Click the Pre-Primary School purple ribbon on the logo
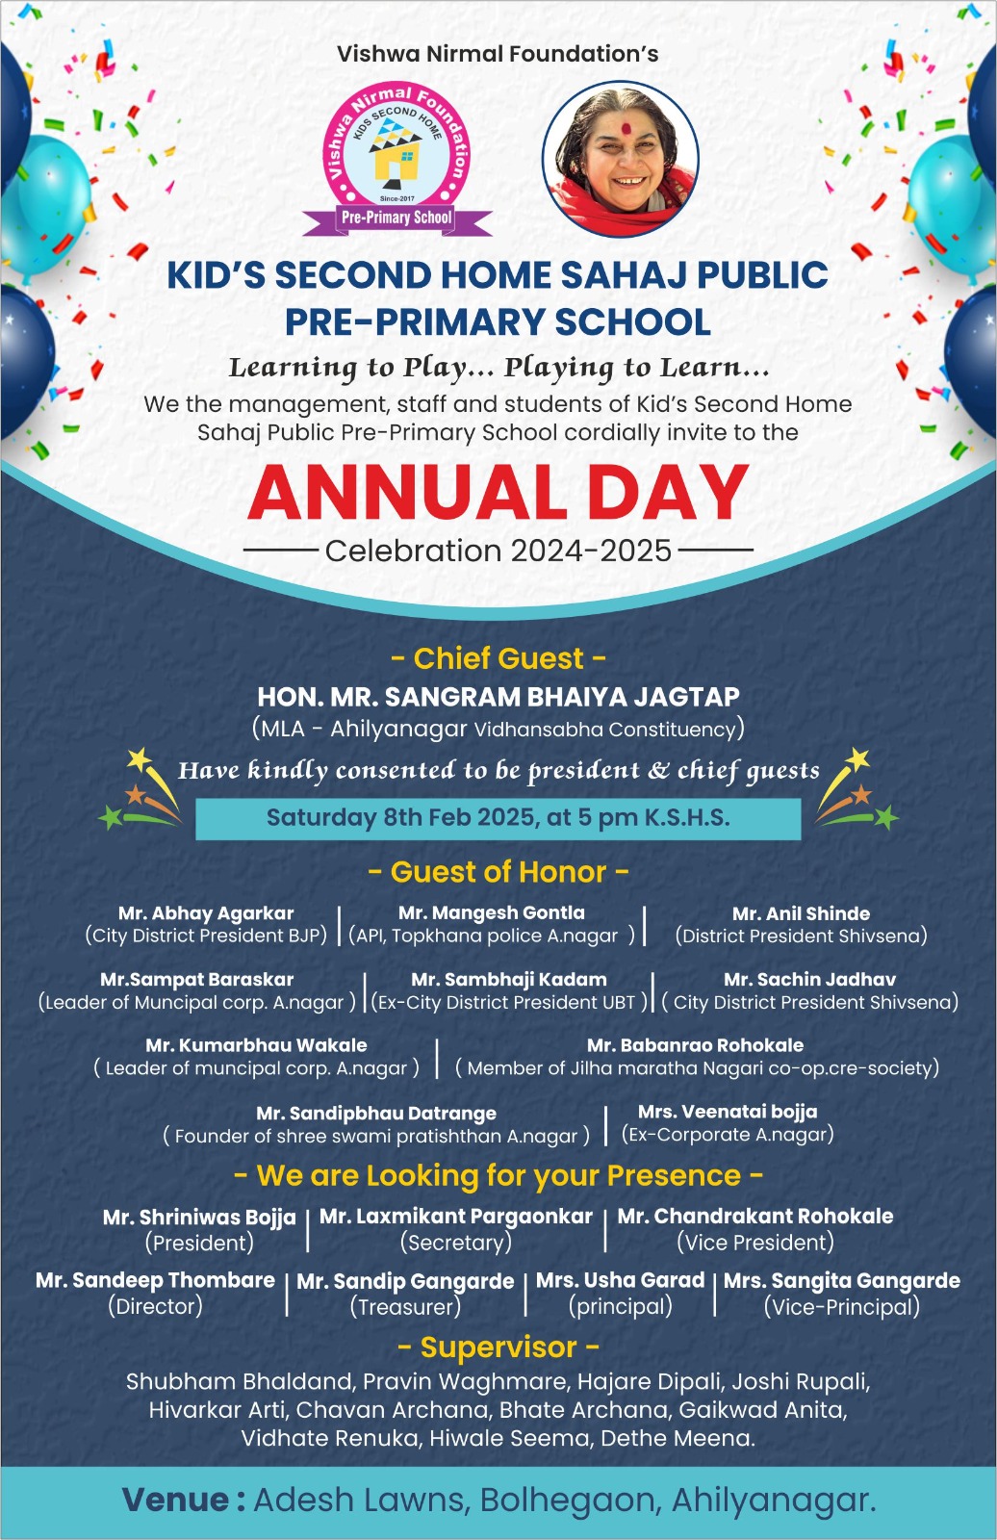[396, 218]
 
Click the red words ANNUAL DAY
[498, 493]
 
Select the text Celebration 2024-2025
[498, 551]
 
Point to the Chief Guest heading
[498, 658]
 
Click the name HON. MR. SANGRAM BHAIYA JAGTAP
[498, 697]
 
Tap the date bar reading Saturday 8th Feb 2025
[498, 818]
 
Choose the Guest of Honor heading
[498, 872]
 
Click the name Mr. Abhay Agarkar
[206, 913]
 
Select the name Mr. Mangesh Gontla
[492, 912]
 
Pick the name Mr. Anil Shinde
[801, 913]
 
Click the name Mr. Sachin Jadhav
[809, 979]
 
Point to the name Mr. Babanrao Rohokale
[695, 1045]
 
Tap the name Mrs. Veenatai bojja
[728, 1112]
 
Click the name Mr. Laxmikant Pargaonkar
[456, 1217]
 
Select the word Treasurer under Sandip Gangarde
[405, 1307]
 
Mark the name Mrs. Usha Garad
[620, 1280]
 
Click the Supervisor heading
[498, 1347]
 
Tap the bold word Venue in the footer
[175, 1500]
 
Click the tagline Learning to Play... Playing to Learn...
[498, 368]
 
